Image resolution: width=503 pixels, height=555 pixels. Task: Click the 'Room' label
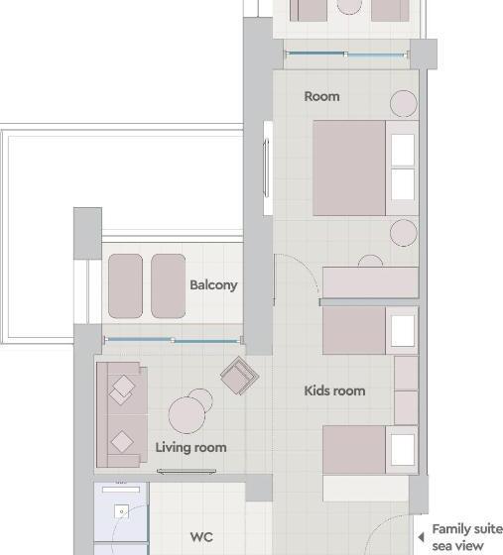321,96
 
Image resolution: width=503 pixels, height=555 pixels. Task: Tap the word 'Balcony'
213,285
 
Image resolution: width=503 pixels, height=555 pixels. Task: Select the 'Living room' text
190,447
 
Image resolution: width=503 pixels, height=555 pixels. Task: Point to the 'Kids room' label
334,390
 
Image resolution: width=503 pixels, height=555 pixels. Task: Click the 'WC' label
201,537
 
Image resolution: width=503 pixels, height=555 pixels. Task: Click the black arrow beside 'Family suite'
421,537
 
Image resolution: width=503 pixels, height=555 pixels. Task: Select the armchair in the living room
239,376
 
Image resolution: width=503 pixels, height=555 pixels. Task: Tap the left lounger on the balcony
126,285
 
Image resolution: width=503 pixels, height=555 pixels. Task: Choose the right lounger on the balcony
168,285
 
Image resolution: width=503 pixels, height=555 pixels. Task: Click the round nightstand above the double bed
404,103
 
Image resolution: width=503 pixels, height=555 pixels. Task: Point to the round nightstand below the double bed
404,234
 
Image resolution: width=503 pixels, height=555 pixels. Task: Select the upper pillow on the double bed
402,151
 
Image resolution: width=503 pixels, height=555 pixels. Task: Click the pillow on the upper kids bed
402,331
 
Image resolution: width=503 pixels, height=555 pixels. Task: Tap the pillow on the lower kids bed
402,448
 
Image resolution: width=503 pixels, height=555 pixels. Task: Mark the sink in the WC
120,511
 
